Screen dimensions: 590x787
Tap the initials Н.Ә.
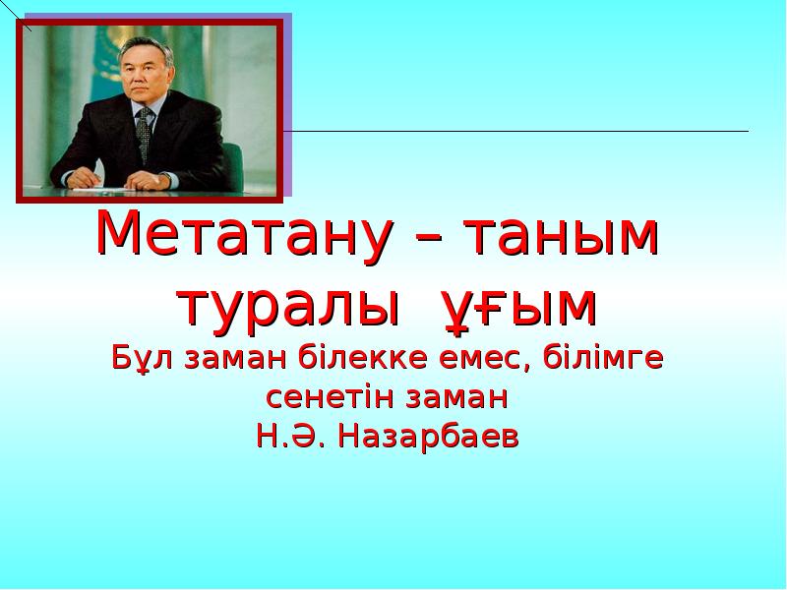tap(291, 437)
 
